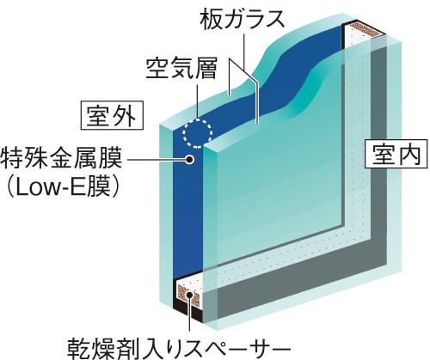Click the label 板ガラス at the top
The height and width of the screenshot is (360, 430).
tap(243, 19)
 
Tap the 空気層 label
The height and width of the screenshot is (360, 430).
tap(181, 68)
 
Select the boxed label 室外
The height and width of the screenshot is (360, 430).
tap(112, 115)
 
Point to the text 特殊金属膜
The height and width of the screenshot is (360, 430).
tap(61, 158)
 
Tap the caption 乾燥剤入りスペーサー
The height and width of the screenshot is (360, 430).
tap(179, 349)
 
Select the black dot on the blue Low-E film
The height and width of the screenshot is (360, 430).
tap(189, 159)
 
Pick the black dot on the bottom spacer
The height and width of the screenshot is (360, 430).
tap(189, 295)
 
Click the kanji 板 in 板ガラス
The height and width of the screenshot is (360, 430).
tap(211, 19)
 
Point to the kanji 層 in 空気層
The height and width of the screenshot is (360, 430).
tap(206, 68)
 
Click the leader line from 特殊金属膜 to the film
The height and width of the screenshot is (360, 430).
tap(156, 159)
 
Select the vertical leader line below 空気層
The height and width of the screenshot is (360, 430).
tap(198, 101)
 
